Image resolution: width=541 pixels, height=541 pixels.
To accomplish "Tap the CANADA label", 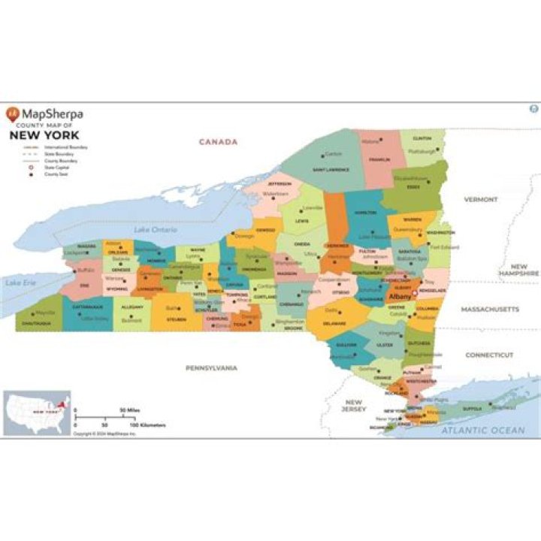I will [x=218, y=141].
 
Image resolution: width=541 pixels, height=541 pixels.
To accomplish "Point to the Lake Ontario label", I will [x=152, y=228].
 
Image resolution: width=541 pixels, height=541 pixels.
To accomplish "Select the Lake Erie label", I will [x=20, y=283].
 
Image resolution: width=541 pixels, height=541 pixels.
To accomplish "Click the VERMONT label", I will [x=481, y=199].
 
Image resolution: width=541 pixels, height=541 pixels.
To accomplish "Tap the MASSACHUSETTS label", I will [x=490, y=309].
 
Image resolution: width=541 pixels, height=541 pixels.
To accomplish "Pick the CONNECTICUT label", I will [x=488, y=354].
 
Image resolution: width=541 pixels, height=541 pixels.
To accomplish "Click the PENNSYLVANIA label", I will [x=212, y=367].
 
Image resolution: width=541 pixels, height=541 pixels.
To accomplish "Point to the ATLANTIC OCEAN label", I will [x=482, y=430].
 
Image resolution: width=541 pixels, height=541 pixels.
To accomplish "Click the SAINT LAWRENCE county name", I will [x=331, y=169].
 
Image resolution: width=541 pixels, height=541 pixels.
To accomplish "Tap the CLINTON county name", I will [x=422, y=139].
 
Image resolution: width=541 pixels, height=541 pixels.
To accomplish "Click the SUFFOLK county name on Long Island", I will [x=471, y=409].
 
